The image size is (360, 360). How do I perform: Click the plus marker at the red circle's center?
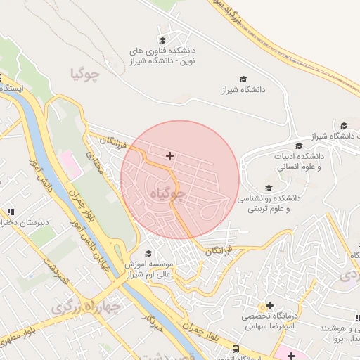[169, 155]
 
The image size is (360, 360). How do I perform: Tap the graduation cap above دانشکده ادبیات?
[300, 145]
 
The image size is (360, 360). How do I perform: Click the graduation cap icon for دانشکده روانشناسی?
[269, 188]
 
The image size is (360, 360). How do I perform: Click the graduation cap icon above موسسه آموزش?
[148, 253]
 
